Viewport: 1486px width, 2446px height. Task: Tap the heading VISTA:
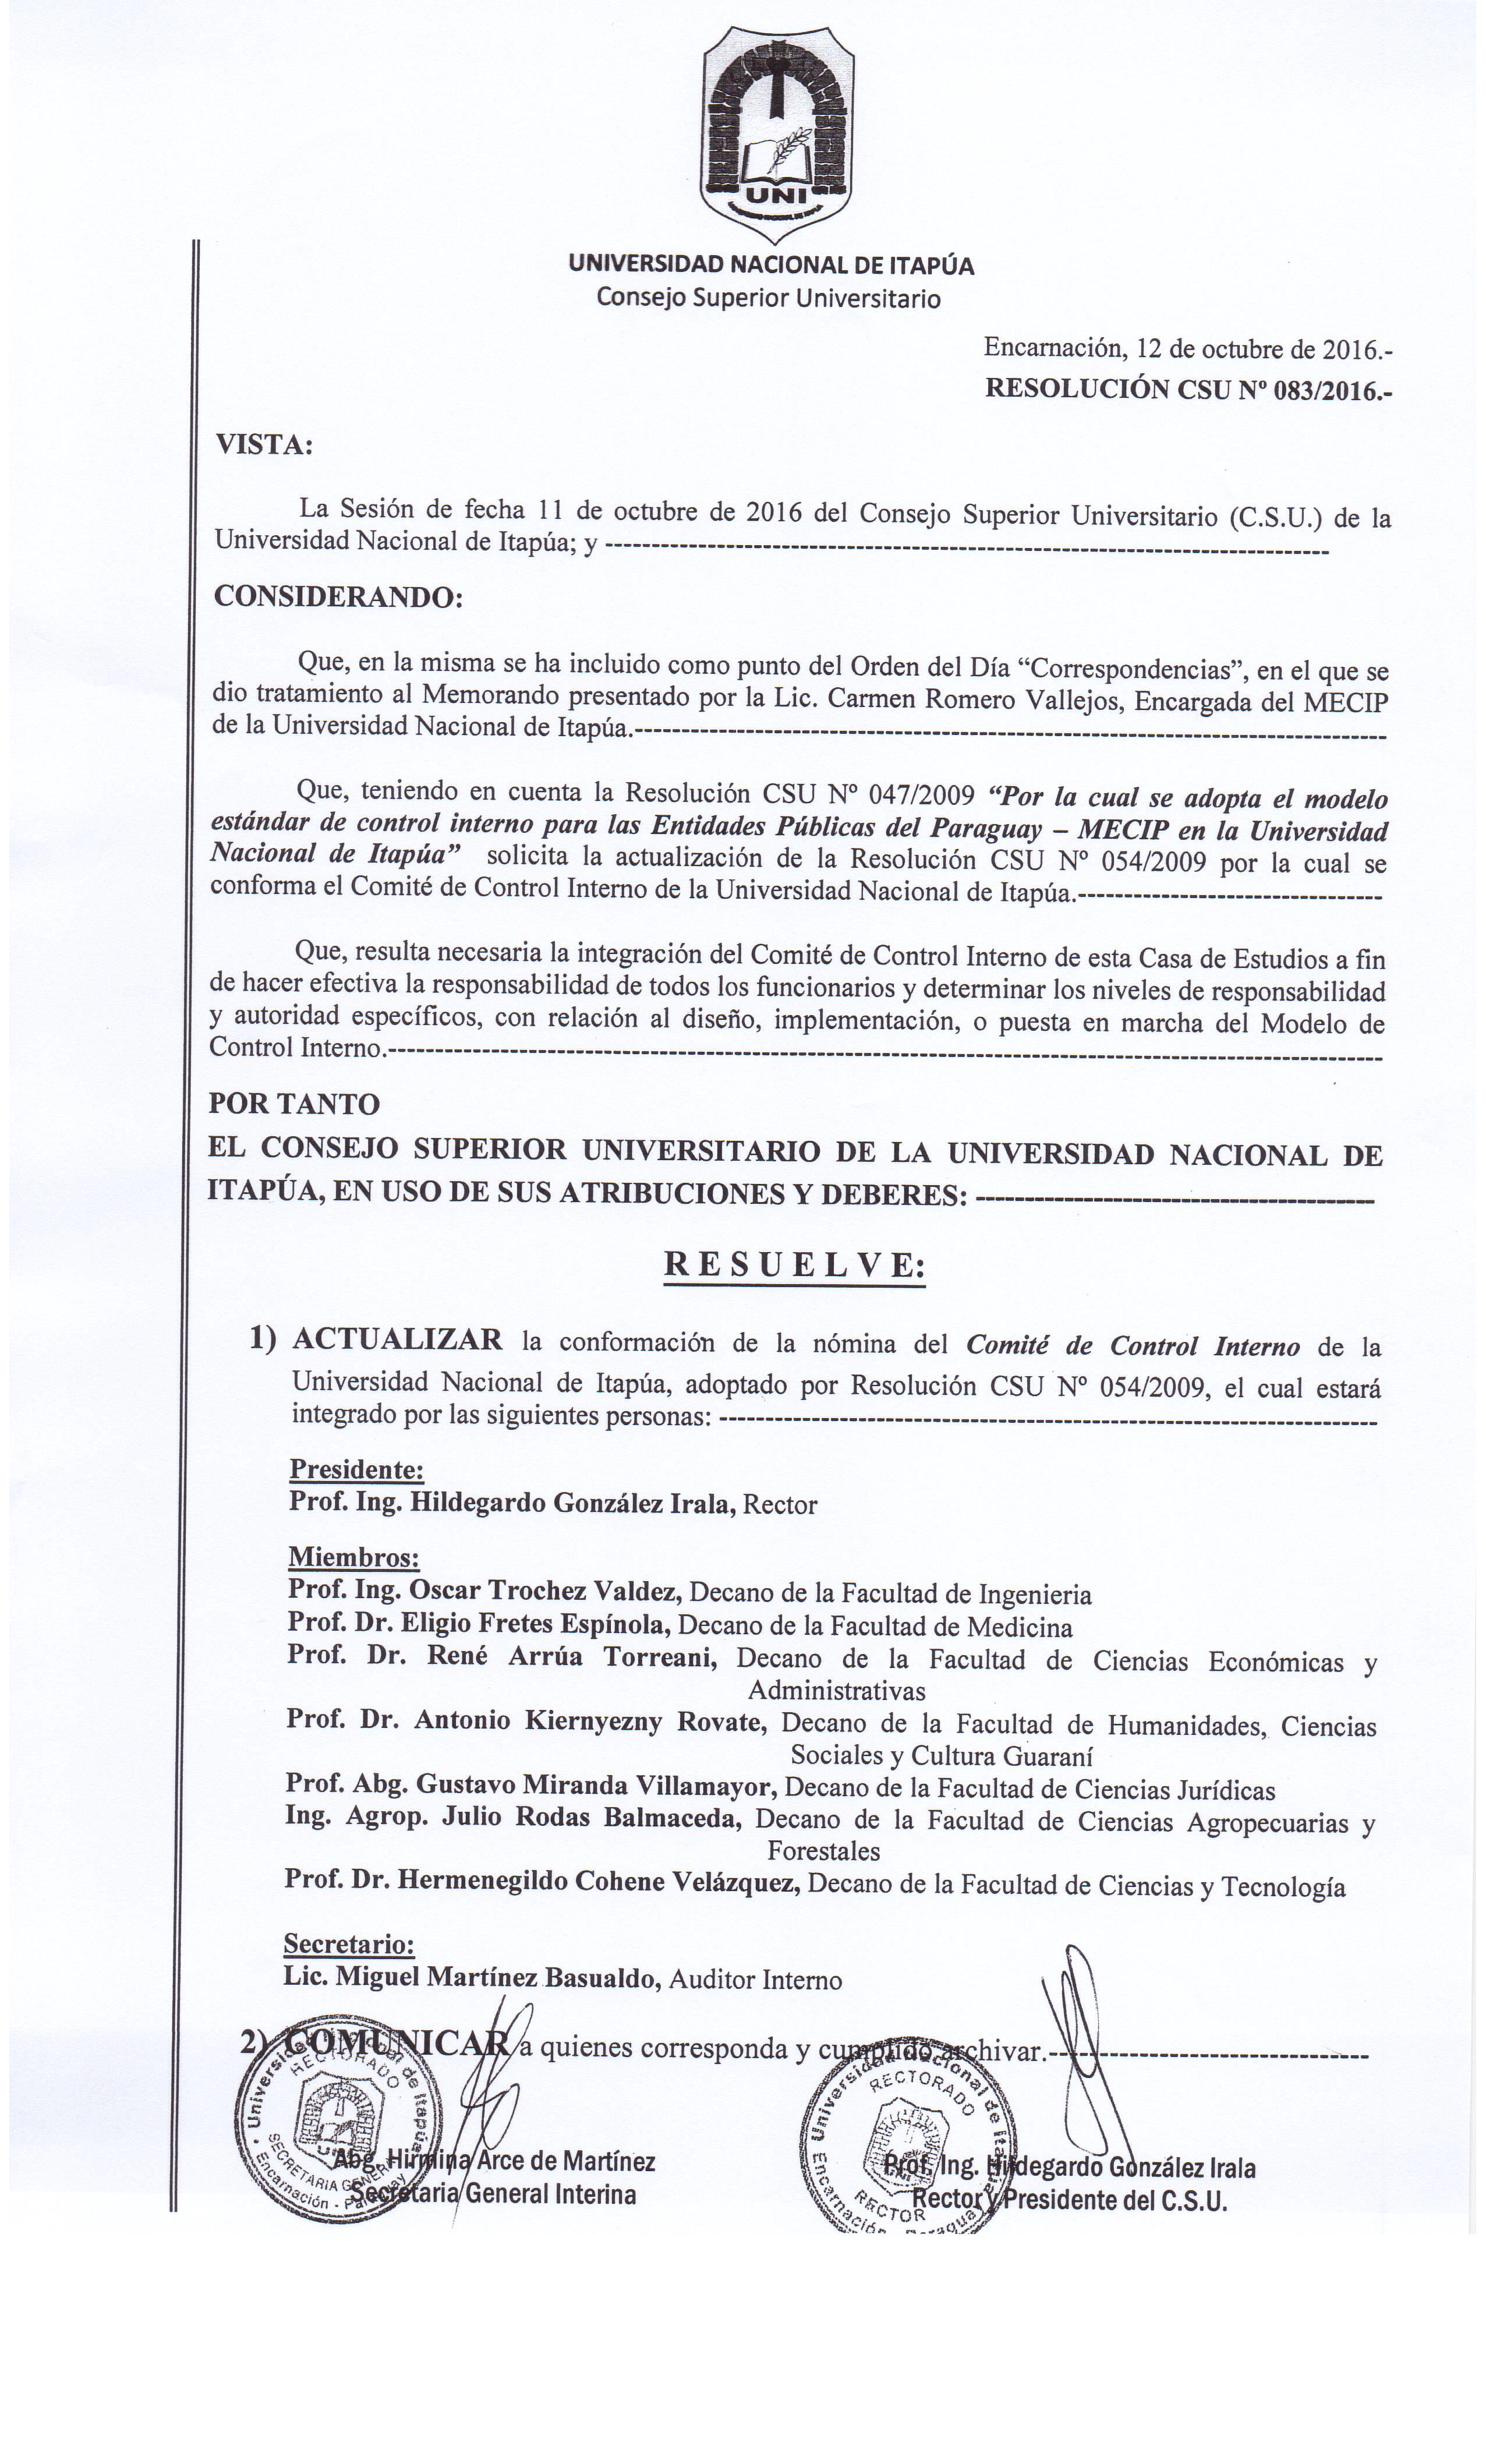pyautogui.click(x=264, y=446)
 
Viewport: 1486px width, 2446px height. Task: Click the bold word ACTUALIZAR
pyautogui.click(x=397, y=1340)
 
